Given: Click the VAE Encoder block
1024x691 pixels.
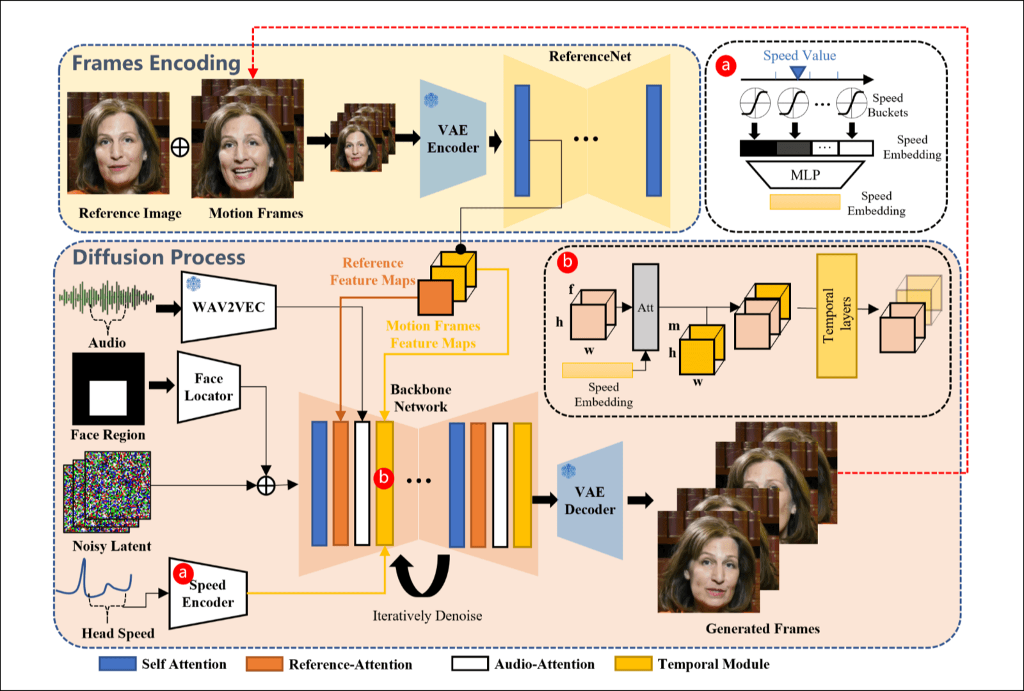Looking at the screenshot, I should (452, 139).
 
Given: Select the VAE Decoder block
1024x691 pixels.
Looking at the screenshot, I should (589, 500).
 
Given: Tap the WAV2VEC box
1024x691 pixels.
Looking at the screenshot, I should (228, 307).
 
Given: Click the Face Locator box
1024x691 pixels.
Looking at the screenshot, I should (209, 388).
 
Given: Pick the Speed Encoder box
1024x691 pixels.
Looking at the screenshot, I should (208, 594).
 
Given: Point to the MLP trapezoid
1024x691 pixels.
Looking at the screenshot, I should (805, 175).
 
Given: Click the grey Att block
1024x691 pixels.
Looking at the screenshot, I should (645, 307).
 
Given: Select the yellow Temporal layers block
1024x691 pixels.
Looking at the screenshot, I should (836, 315).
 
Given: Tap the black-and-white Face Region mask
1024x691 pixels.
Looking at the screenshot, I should (108, 389).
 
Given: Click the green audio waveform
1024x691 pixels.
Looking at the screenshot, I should (106, 298).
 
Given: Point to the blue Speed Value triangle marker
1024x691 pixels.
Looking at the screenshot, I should (797, 72).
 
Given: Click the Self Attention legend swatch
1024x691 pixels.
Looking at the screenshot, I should (118, 664).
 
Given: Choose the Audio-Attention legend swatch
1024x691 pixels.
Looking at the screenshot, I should (470, 664).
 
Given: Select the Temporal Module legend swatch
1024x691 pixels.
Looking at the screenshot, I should (633, 664).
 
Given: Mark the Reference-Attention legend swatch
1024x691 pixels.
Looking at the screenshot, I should (264, 664).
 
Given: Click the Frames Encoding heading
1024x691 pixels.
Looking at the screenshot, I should (156, 63).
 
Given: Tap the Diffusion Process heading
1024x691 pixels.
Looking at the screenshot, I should (159, 257).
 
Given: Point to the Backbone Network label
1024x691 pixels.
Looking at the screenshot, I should (420, 398).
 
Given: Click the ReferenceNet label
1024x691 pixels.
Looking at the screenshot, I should (589, 56).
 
